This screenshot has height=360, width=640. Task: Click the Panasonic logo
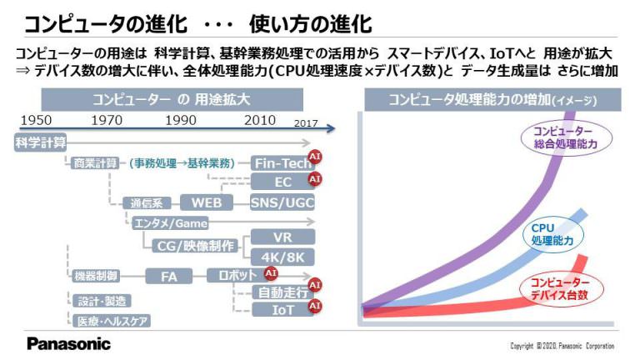[68, 343]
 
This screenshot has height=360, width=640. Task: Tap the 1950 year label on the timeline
[36, 120]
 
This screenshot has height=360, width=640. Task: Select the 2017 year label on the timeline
[306, 123]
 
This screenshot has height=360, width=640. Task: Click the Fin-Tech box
[282, 163]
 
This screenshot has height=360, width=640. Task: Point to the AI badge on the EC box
[315, 179]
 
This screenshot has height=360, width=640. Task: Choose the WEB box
[207, 202]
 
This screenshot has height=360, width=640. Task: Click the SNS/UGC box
[282, 202]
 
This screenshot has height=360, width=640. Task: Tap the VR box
[282, 237]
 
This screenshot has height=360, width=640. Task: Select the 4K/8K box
[282, 257]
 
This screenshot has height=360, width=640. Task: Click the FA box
[168, 277]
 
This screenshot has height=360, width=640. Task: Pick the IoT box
[282, 310]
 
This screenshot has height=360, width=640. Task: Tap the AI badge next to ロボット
[271, 273]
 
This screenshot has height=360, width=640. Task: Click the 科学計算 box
[40, 142]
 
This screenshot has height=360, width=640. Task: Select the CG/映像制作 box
[196, 246]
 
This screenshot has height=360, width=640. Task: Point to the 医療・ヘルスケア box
[112, 321]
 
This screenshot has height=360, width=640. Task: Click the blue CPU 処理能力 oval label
[552, 234]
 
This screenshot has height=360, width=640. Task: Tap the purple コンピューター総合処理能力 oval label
[566, 137]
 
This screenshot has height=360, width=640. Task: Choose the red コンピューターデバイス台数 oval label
[561, 288]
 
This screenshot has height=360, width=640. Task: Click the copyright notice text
[562, 346]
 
